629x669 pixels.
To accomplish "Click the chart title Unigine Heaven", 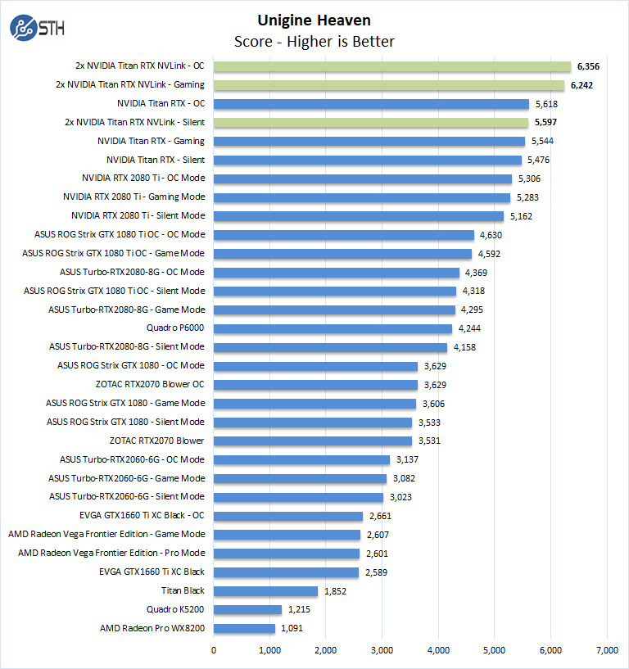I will [x=314, y=20].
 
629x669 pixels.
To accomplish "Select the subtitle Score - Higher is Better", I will [x=314, y=42].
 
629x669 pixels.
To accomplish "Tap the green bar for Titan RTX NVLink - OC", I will [x=392, y=66].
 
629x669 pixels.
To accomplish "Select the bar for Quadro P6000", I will [x=333, y=328].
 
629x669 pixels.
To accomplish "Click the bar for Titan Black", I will [x=265, y=590].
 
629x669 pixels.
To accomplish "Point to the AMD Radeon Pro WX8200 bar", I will [x=244, y=628].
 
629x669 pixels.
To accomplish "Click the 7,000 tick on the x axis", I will [x=606, y=650].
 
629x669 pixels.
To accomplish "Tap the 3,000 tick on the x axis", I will [x=382, y=650].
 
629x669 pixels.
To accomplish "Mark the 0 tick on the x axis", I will [x=214, y=650].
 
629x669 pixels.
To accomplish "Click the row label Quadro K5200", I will [x=175, y=609].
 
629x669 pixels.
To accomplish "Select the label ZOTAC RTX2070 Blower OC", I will [x=150, y=384].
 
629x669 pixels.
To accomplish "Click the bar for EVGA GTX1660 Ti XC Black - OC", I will [x=288, y=516].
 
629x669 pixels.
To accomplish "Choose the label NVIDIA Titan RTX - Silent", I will [x=156, y=160].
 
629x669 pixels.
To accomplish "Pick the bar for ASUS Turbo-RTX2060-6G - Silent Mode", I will [x=298, y=497].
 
